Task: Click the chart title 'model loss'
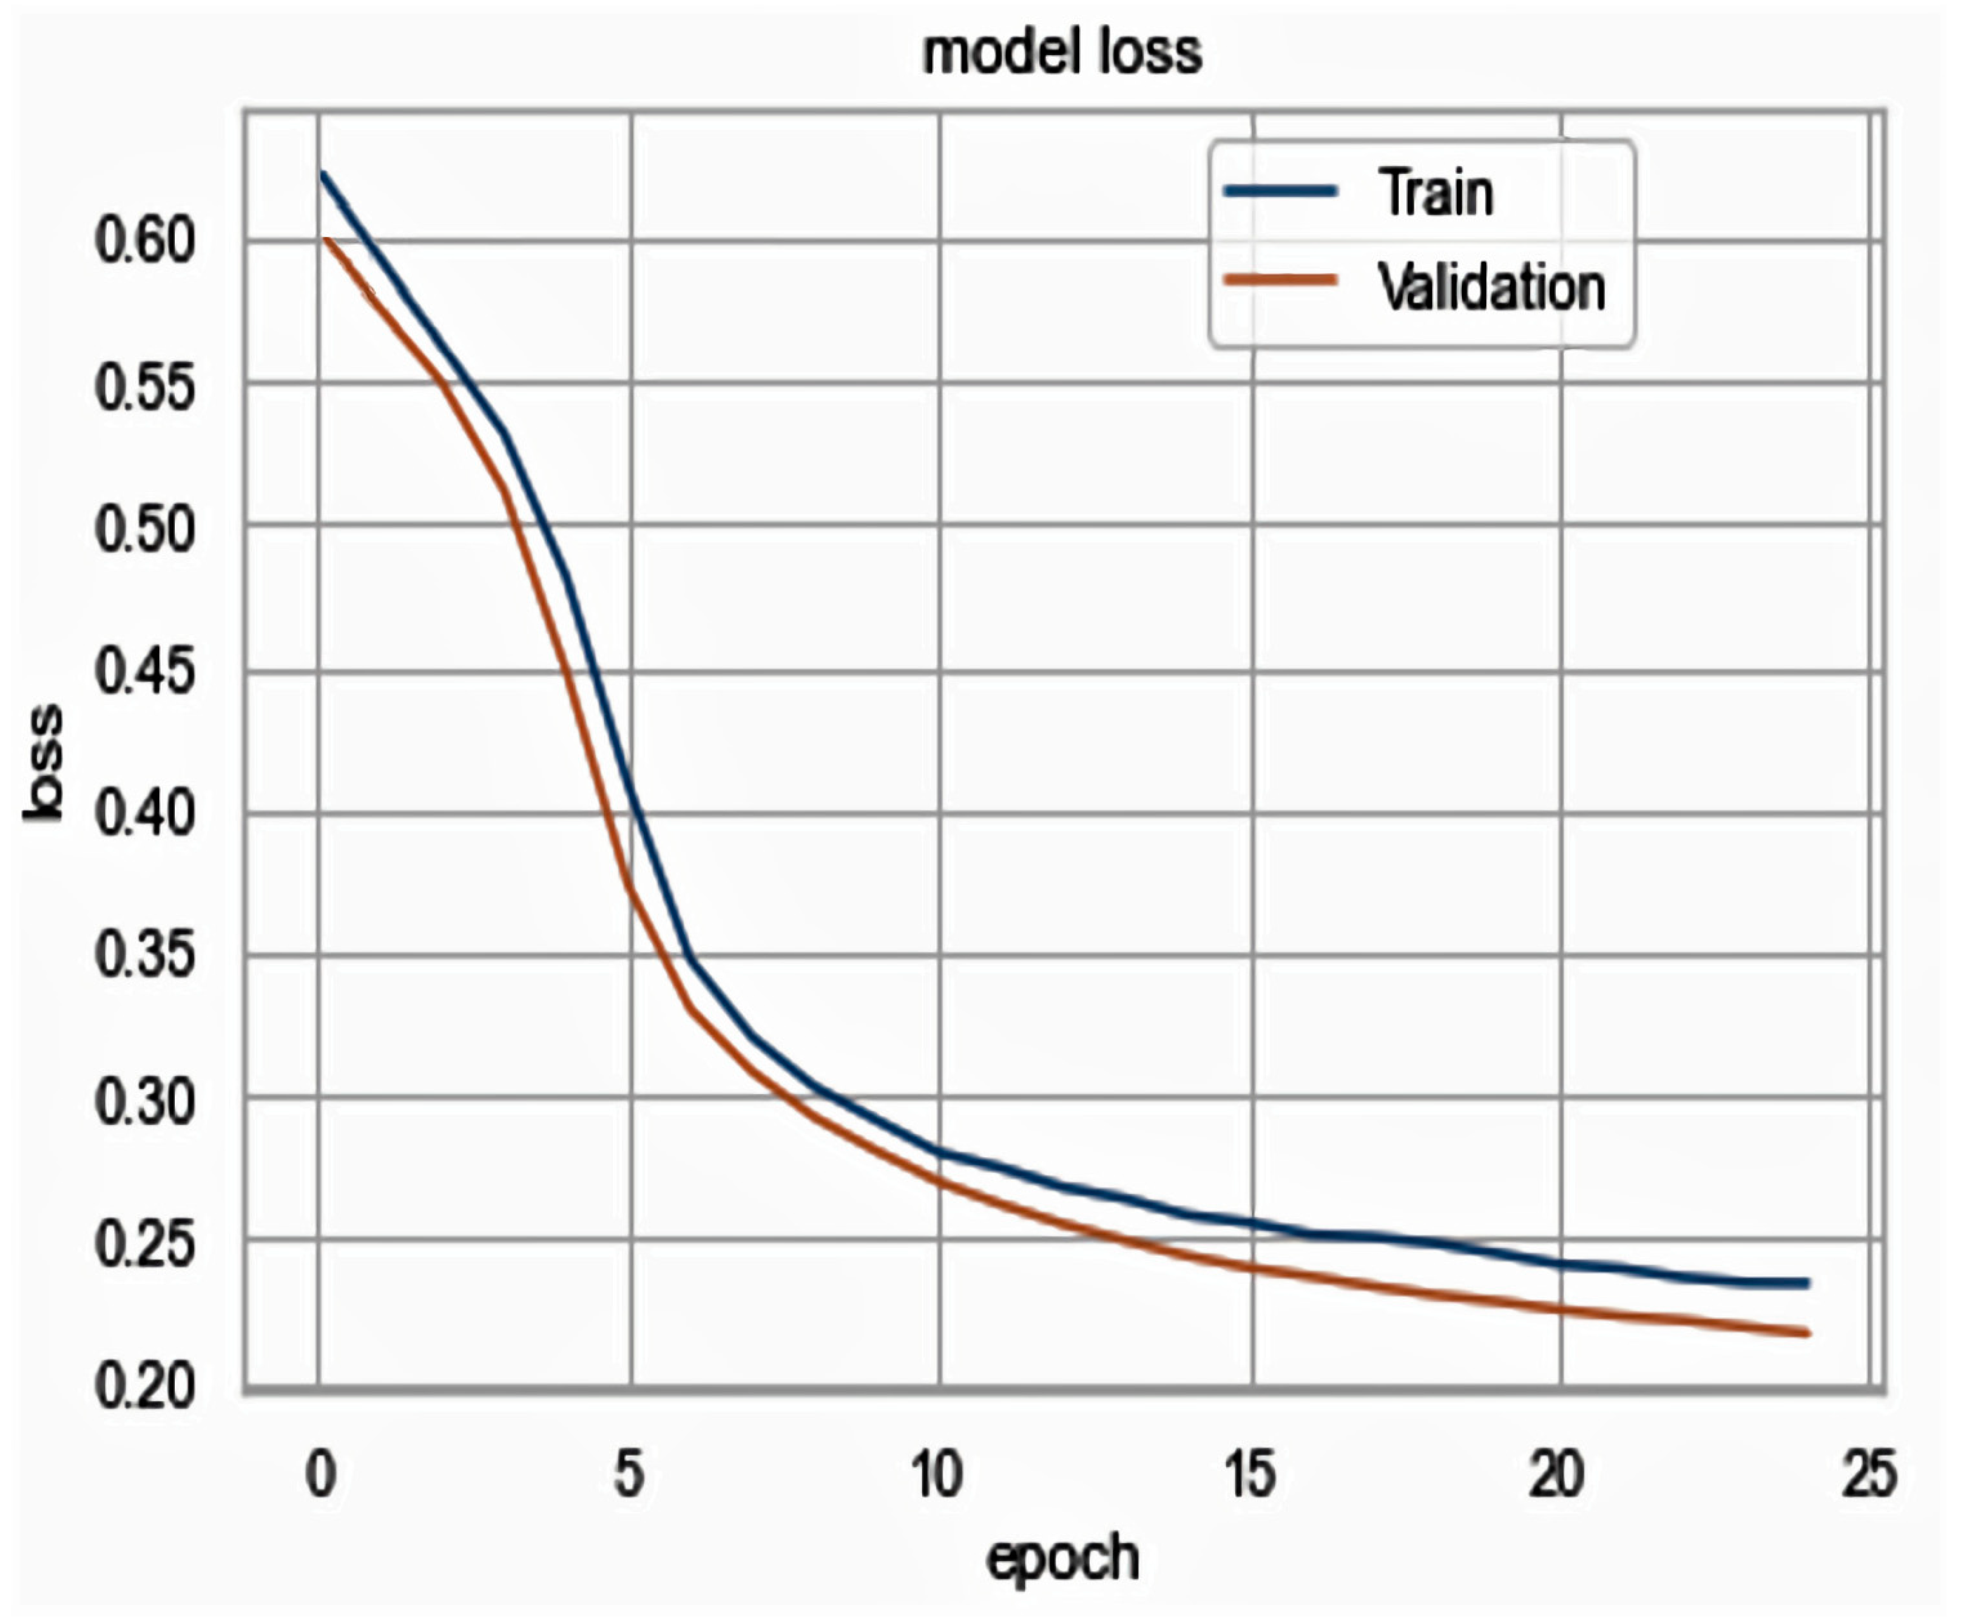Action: (x=1062, y=53)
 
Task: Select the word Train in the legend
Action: (x=1436, y=193)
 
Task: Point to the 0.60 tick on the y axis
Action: (x=145, y=241)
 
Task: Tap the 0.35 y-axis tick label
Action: (x=145, y=956)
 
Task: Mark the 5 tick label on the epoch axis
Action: (x=629, y=1474)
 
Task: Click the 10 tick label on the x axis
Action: (x=937, y=1474)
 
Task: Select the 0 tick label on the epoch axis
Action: (x=321, y=1474)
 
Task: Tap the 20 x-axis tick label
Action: (x=1556, y=1474)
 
